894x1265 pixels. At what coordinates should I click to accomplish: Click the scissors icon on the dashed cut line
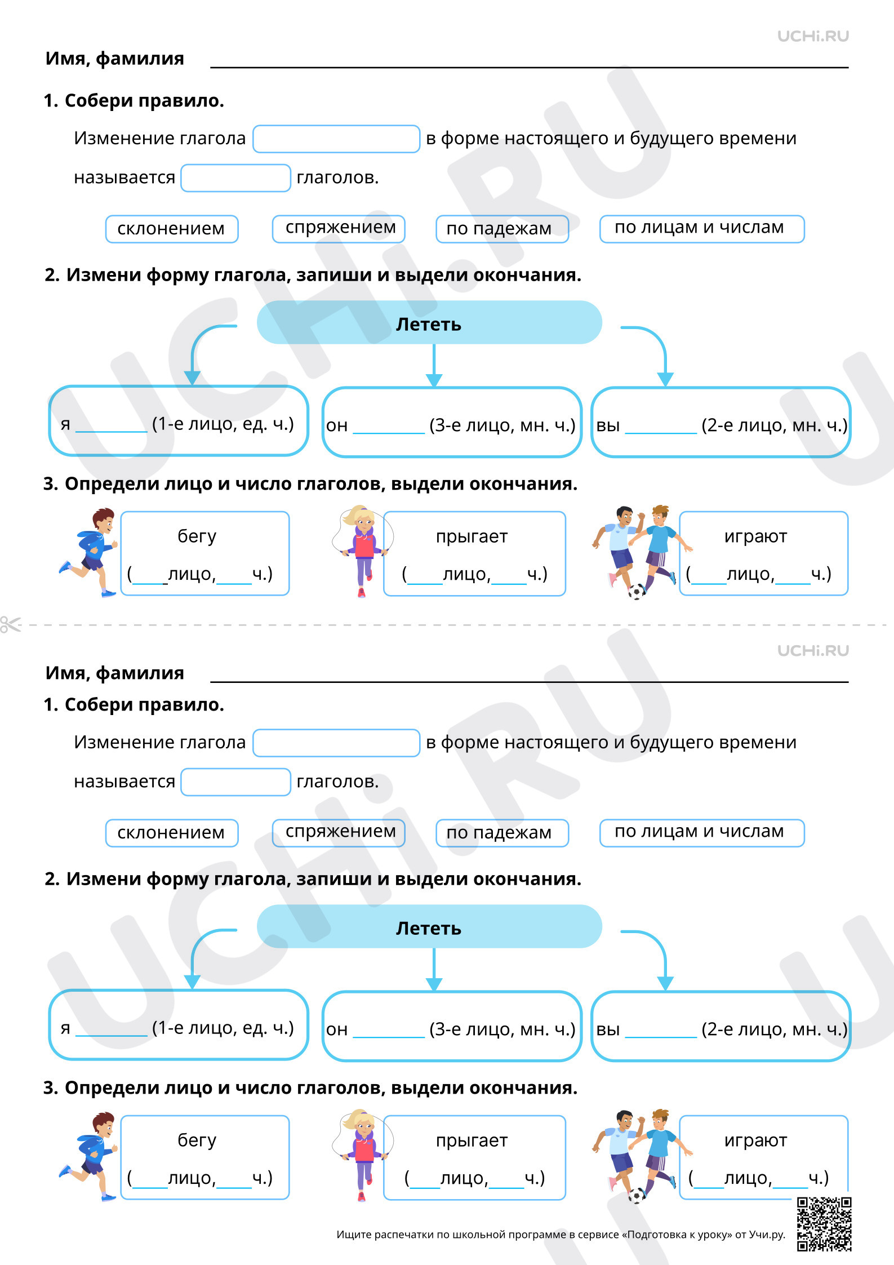tap(10, 624)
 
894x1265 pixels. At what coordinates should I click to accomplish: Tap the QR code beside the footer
tap(824, 1224)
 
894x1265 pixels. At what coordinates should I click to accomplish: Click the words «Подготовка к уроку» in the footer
tap(679, 1235)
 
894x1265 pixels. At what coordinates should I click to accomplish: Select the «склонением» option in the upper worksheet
tap(172, 229)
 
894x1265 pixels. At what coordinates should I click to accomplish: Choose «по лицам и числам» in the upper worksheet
tap(702, 229)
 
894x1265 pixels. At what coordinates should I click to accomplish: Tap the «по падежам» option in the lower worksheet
tap(502, 833)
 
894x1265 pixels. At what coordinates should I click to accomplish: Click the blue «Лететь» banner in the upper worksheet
tap(429, 322)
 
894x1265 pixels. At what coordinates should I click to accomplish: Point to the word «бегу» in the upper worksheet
tap(197, 536)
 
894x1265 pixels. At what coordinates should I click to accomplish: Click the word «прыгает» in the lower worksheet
tap(472, 1141)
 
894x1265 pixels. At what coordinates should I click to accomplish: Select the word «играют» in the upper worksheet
tap(755, 536)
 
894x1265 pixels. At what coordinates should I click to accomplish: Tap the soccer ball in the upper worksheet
tap(637, 592)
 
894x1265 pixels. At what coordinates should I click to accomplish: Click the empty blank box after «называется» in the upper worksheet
tap(235, 178)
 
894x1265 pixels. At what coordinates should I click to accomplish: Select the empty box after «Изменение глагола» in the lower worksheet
tap(336, 743)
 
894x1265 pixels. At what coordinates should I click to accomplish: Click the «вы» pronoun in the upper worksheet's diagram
tap(608, 425)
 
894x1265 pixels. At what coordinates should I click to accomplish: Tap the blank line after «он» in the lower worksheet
tap(389, 1036)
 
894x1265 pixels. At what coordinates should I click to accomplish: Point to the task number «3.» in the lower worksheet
tap(51, 1088)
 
